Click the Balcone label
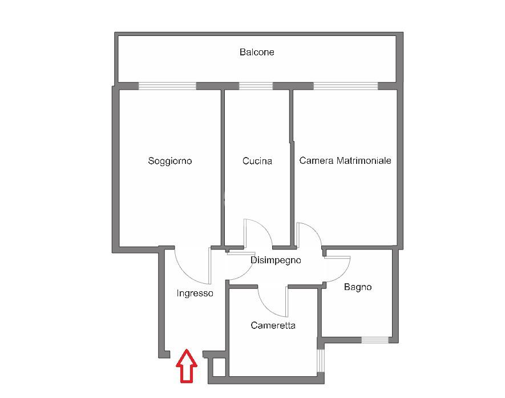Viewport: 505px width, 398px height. [x=257, y=52]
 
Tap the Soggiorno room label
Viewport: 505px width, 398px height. [x=170, y=161]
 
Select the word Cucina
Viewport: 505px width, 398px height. [x=257, y=161]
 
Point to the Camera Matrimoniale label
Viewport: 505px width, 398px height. [x=345, y=160]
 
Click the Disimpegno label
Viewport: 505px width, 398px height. [x=276, y=260]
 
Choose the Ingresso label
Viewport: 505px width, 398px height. [x=195, y=294]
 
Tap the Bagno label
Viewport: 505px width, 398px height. [x=358, y=287]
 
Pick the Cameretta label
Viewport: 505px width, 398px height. [x=273, y=325]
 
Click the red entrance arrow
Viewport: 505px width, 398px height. [x=186, y=366]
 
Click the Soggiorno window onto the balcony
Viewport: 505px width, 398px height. [x=168, y=86]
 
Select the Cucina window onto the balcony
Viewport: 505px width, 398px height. [x=255, y=86]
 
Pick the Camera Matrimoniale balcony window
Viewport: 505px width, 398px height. [x=346, y=86]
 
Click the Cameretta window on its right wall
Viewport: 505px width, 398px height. [x=320, y=359]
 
